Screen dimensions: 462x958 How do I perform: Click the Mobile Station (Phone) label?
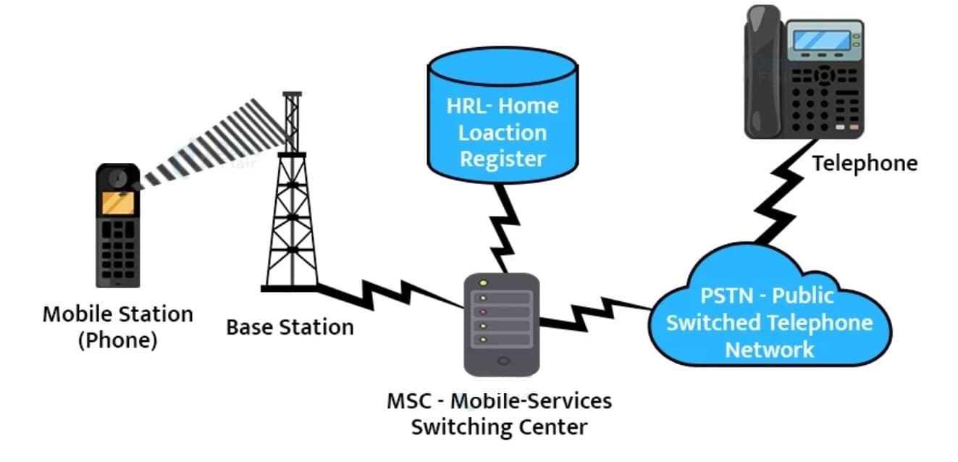[x=117, y=327]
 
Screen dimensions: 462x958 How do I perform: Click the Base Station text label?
[x=290, y=327]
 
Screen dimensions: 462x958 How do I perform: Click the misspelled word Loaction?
[x=502, y=133]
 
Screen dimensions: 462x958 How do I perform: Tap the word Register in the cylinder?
[x=502, y=159]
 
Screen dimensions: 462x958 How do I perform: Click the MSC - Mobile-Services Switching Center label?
[x=499, y=413]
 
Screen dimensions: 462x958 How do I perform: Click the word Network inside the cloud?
[x=769, y=350]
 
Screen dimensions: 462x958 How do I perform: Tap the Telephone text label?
[x=864, y=164]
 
